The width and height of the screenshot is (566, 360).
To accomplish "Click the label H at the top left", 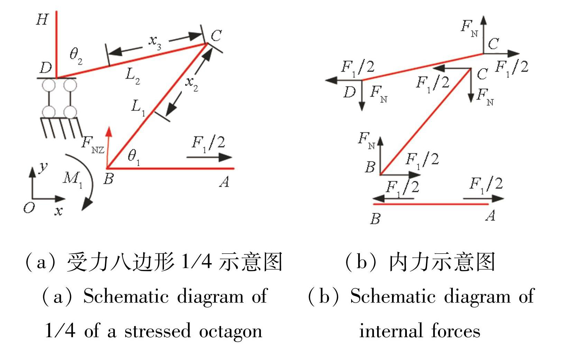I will [x=42, y=20].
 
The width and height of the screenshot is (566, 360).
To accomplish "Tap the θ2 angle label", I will [x=76, y=55].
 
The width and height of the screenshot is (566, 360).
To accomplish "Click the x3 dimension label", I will [x=155, y=42].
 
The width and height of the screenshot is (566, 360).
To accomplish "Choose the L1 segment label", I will [x=138, y=108].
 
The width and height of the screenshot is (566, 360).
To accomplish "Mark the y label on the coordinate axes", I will [x=43, y=167].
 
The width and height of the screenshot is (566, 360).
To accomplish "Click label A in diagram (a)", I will [x=224, y=181].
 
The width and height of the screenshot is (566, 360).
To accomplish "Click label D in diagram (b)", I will [x=349, y=92].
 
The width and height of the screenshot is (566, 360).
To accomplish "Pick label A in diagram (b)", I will [x=490, y=216].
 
